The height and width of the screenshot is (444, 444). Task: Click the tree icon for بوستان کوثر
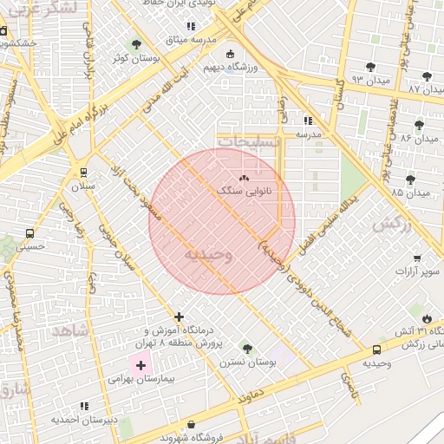point(135,44)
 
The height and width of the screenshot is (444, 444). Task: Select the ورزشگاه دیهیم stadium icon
point(231,52)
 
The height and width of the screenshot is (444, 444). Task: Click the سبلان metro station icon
point(84,172)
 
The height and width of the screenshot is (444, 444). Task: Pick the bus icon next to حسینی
point(30,233)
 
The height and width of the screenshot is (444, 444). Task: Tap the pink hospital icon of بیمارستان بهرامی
point(140,365)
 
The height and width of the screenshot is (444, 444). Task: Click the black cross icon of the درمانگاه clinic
point(179,317)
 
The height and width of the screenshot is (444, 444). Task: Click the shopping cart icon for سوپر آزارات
point(417,258)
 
